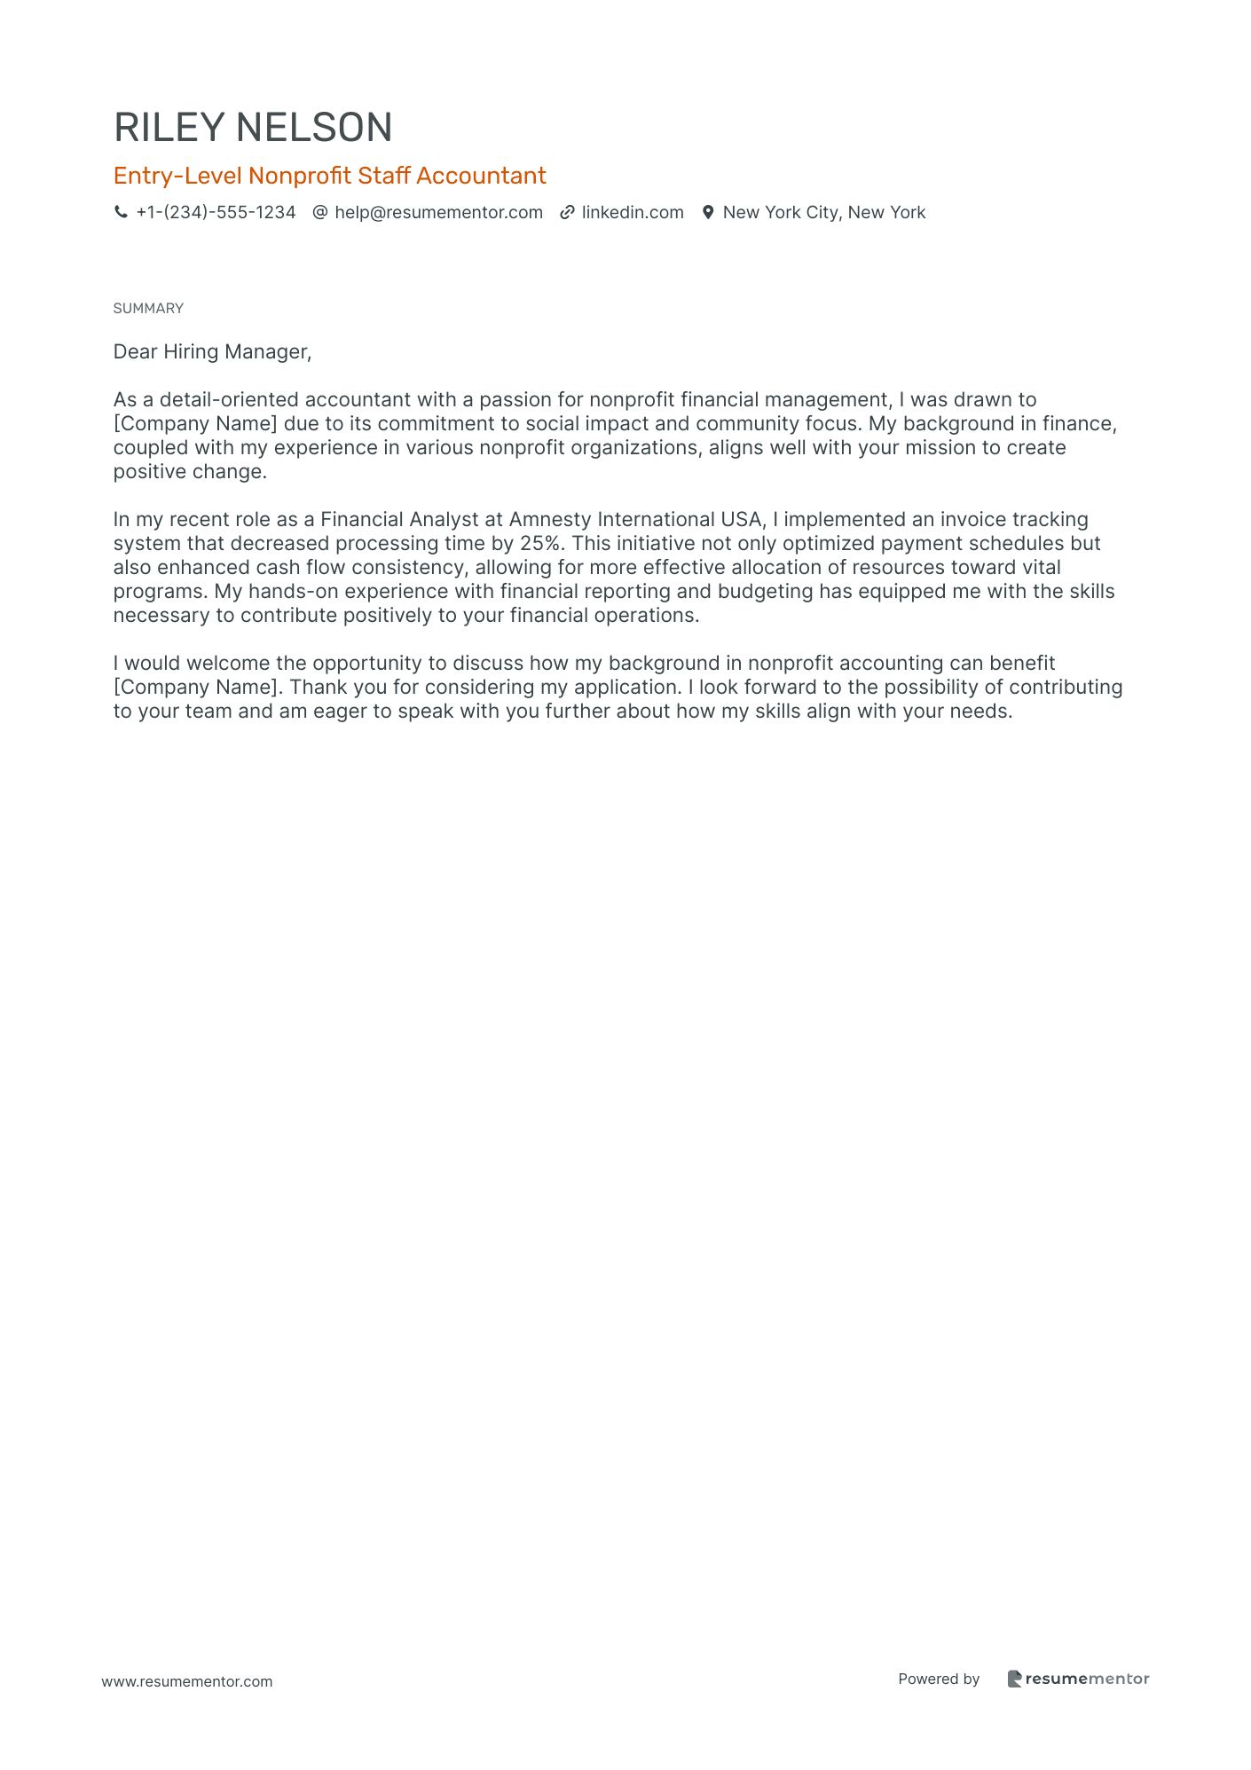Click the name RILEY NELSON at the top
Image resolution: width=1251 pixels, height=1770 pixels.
[x=253, y=128]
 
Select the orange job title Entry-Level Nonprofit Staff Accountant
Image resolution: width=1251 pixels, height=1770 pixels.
[x=329, y=176]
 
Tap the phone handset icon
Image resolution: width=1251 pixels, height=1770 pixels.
[x=121, y=212]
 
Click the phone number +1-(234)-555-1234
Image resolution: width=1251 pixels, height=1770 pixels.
[x=216, y=212]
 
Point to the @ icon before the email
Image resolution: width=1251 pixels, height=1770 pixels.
[x=320, y=212]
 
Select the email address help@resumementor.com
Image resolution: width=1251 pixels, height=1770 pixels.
[x=438, y=212]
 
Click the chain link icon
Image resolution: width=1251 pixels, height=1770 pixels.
[x=567, y=212]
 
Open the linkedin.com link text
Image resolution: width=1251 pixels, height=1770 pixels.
[x=633, y=212]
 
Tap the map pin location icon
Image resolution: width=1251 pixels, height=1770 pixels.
[x=708, y=212]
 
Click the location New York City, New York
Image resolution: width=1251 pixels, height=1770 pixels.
[x=823, y=212]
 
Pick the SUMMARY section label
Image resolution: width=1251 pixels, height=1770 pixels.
[x=148, y=308]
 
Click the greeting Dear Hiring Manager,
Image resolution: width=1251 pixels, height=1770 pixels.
[x=212, y=352]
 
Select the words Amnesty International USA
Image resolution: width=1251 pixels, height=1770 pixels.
[x=635, y=519]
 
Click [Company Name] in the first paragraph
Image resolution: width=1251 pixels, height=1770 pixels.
[x=195, y=424]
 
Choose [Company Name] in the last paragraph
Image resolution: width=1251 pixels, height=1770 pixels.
[x=195, y=688]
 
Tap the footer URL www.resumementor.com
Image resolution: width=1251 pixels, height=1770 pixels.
[x=187, y=1681]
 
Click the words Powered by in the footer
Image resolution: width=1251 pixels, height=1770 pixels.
[x=939, y=1679]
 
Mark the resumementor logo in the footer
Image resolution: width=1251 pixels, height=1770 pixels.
[x=1078, y=1679]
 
